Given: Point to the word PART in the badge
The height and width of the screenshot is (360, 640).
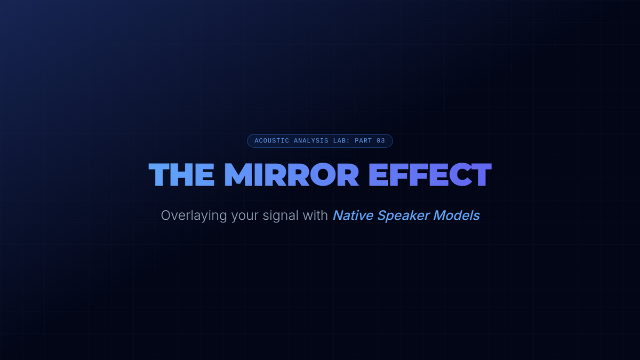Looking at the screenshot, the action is (x=363, y=141).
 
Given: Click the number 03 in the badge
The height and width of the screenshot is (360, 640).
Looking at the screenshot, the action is (x=381, y=141).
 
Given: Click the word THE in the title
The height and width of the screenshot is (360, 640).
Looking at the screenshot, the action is (x=181, y=174).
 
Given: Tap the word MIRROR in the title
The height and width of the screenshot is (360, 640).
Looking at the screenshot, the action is (x=291, y=174).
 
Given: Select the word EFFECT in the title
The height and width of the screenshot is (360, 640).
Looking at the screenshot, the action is (x=430, y=174).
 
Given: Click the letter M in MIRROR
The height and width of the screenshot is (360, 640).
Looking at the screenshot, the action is (x=239, y=174).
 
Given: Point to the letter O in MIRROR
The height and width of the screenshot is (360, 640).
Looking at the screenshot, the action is (x=323, y=174).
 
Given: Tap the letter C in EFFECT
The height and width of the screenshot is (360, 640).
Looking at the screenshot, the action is (x=461, y=174).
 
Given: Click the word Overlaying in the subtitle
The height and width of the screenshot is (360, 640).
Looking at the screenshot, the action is (x=194, y=215).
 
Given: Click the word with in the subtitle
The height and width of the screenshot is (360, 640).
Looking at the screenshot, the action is (x=315, y=215).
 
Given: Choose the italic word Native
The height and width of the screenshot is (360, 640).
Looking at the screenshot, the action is (x=353, y=215).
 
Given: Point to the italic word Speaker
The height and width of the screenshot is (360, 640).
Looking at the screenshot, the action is (x=404, y=216).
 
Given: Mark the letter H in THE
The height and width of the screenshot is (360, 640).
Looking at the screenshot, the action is (x=181, y=174).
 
